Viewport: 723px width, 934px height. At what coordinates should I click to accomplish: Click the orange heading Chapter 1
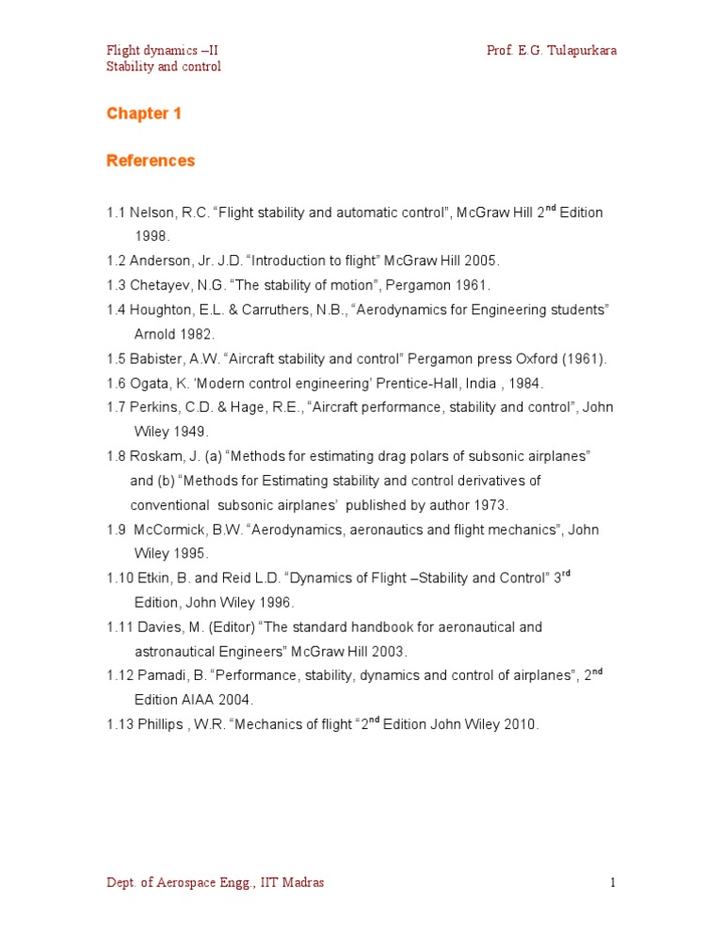click(x=144, y=114)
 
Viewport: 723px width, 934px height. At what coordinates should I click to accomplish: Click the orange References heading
click(x=151, y=161)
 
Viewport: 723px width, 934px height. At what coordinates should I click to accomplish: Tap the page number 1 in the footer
click(x=612, y=882)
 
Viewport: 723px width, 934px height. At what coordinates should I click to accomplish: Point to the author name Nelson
click(x=151, y=213)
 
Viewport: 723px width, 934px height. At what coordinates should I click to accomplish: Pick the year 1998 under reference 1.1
click(x=153, y=236)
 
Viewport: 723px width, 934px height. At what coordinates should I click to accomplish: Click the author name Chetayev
click(x=159, y=285)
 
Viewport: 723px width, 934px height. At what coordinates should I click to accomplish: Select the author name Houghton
click(x=162, y=309)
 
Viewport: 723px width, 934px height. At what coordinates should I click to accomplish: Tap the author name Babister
click(x=157, y=358)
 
